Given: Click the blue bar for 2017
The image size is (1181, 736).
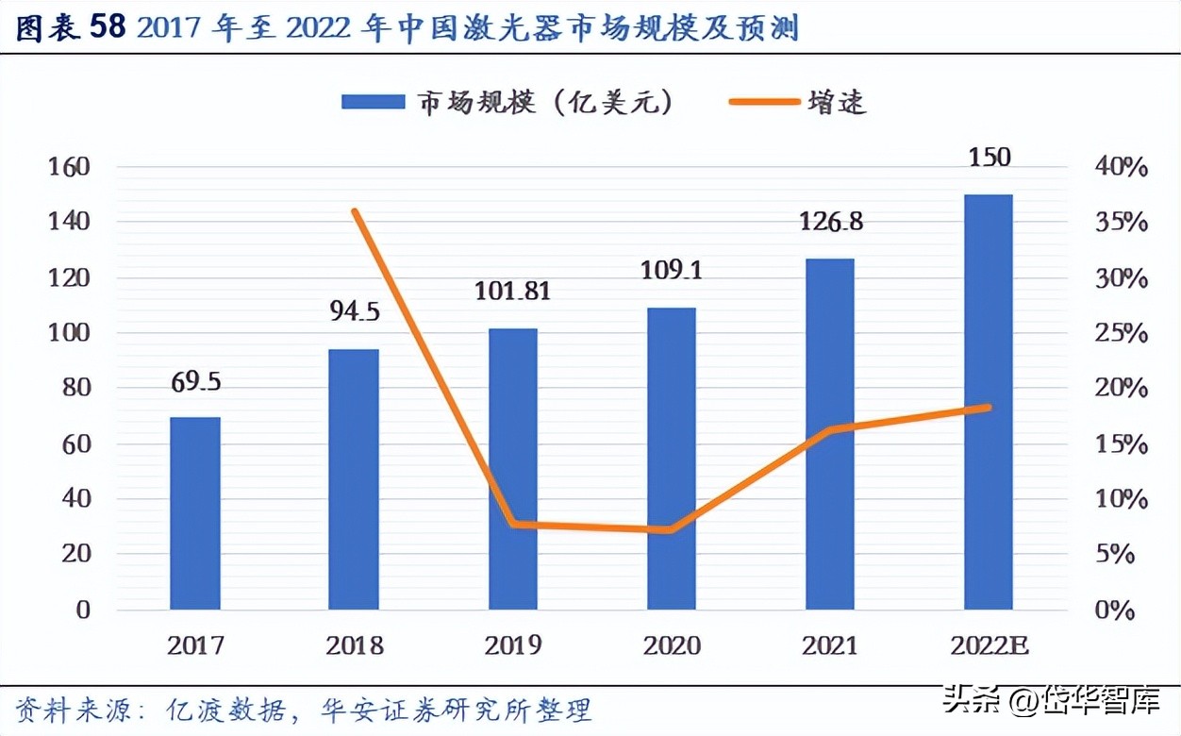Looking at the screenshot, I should pyautogui.click(x=195, y=513).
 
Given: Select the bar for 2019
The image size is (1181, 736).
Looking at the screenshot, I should pyautogui.click(x=512, y=469).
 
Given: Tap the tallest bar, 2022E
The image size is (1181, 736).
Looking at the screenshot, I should pyautogui.click(x=988, y=402).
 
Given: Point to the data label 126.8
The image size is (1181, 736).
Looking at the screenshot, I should pyautogui.click(x=830, y=224).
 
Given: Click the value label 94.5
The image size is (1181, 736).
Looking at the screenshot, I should pyautogui.click(x=354, y=312).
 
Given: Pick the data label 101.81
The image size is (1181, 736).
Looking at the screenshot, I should pyautogui.click(x=512, y=292).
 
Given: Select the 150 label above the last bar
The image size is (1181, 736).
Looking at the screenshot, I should pyautogui.click(x=989, y=157).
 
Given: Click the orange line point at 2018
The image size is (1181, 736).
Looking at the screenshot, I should pyautogui.click(x=355, y=210).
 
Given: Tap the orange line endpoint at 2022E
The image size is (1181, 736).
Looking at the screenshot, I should pyautogui.click(x=988, y=408).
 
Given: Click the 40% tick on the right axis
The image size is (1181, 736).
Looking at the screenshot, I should pyautogui.click(x=1121, y=168).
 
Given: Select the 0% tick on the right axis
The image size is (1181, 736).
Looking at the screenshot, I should pyautogui.click(x=1117, y=611).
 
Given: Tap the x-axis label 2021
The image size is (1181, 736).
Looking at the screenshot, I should pyautogui.click(x=829, y=645).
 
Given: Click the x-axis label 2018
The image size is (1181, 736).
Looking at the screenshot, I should pyautogui.click(x=354, y=645).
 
